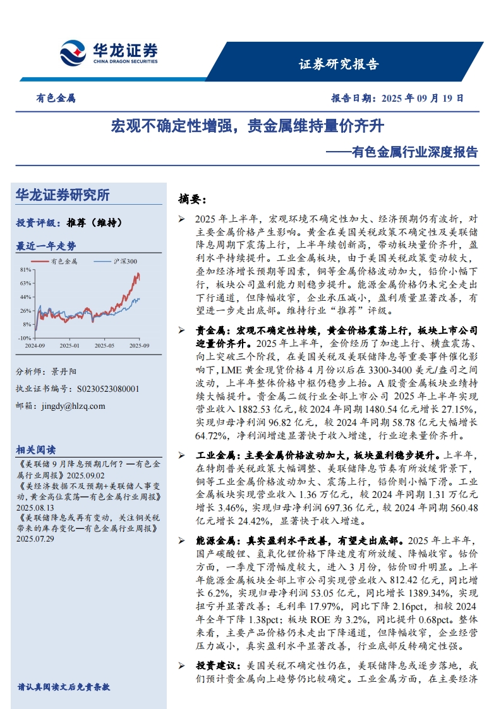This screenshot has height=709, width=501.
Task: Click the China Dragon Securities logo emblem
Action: pos(73,52)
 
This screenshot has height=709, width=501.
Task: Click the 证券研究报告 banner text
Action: pos(338,64)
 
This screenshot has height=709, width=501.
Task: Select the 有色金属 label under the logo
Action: pos(56,99)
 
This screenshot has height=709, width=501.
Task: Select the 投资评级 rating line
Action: pos(69,222)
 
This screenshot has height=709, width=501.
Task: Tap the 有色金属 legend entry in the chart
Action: pos(64,261)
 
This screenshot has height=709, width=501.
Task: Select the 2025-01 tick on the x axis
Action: pos(69,346)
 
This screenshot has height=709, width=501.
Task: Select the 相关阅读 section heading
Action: pos(36,449)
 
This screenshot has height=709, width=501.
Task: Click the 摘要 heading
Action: pos(192,199)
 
